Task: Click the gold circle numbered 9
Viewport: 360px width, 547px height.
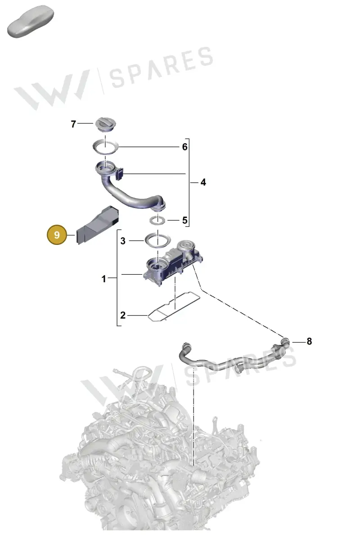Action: tap(57, 235)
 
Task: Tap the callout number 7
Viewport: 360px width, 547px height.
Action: tap(73, 124)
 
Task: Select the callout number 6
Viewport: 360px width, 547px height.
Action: tap(185, 147)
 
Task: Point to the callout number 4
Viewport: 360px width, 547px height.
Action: tap(203, 182)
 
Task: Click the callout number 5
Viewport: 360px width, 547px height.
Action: tap(185, 220)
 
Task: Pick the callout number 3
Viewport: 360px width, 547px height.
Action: tap(123, 241)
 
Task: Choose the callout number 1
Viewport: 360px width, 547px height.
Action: tap(104, 279)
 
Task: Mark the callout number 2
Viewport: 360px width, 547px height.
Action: tap(123, 315)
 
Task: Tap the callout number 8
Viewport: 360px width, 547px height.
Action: tap(309, 341)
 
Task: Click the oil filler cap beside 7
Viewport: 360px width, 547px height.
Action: tap(105, 125)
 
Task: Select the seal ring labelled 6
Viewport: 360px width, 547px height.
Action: tap(105, 147)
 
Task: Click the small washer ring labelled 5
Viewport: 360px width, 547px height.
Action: tap(157, 220)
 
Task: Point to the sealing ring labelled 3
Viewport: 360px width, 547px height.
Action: tap(157, 240)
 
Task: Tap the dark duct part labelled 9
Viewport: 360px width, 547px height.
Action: tap(98, 225)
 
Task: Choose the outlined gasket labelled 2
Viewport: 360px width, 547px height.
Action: tap(174, 306)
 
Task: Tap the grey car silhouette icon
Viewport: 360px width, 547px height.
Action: tap(30, 21)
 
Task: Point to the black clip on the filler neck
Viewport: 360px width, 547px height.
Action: tap(120, 174)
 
